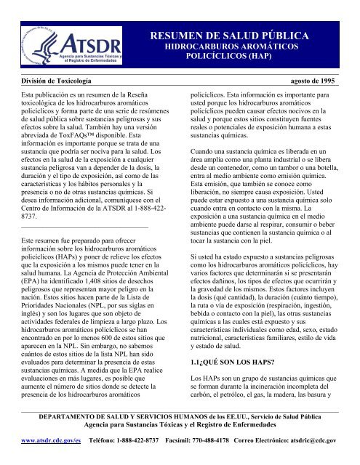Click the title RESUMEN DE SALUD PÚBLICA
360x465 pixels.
(238, 34)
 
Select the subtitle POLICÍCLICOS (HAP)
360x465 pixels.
(238, 54)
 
